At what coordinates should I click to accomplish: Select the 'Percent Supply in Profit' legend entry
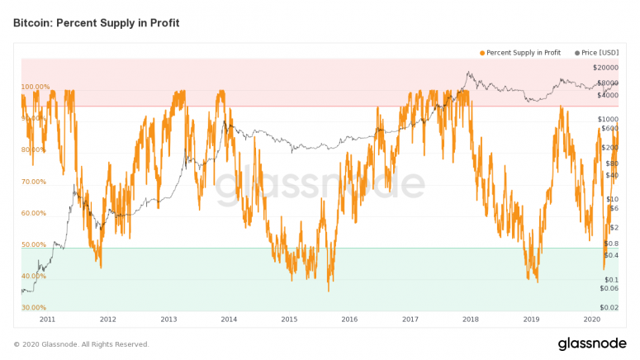point(524,53)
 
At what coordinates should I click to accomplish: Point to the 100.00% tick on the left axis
point(36,87)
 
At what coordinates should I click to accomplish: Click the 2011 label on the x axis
point(47,319)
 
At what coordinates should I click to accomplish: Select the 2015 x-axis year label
point(289,319)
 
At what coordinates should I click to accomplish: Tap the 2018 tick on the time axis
point(471,319)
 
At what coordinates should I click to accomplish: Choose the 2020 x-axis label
point(591,319)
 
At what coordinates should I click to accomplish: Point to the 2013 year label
point(168,319)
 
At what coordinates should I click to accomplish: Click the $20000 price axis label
point(606,67)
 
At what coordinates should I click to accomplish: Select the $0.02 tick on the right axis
point(610,307)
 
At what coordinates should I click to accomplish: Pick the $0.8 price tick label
point(611,244)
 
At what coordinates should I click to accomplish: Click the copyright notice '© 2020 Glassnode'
point(81,343)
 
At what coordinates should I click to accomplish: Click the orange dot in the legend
point(482,53)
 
